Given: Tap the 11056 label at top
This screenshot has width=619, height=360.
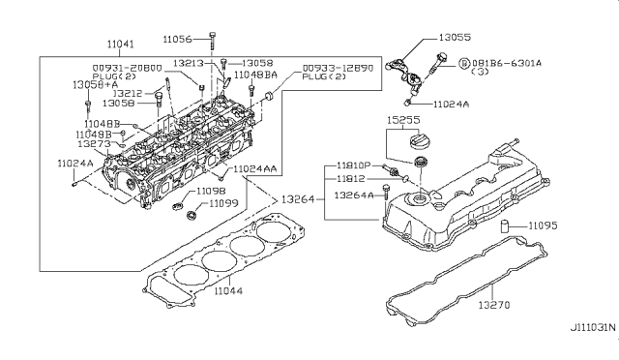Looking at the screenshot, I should (178, 39).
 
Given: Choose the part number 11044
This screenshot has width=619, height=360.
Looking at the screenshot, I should (229, 290).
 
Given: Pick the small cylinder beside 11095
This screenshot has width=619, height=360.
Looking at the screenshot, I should (507, 227).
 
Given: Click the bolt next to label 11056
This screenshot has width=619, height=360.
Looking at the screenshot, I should (211, 41).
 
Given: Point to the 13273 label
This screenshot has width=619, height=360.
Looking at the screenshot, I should (93, 143).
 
